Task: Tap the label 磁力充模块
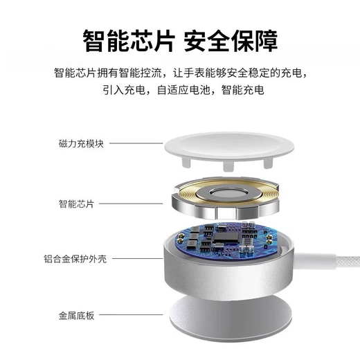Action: pos(81,144)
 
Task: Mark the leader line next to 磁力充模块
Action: pos(135,144)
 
